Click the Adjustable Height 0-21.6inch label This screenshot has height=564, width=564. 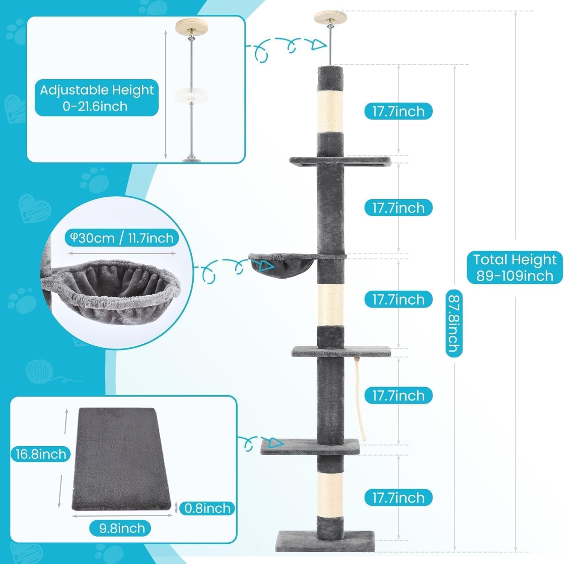coord(97,98)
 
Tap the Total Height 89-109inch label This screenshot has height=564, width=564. coord(515,268)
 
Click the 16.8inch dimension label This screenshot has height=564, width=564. coord(41,454)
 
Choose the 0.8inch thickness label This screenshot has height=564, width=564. coord(207,508)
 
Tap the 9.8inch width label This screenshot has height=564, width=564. coord(120,528)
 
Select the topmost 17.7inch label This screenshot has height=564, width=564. coord(398,111)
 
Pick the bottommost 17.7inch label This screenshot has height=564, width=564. coord(398,497)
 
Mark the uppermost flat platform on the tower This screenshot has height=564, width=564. coord(340,162)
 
